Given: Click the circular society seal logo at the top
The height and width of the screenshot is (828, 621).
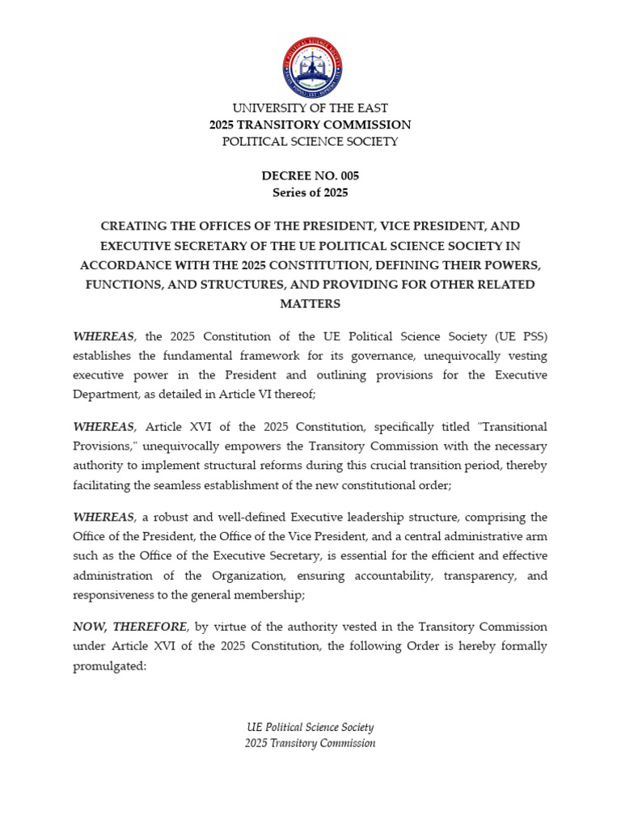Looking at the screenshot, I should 311,68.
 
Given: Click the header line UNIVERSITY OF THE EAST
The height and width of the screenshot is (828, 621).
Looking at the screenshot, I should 310,108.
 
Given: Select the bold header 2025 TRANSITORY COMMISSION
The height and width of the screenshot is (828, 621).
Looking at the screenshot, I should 310,125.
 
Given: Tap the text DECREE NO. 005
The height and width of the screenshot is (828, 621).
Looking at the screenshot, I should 310,175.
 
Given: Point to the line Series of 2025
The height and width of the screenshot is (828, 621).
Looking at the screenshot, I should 310,192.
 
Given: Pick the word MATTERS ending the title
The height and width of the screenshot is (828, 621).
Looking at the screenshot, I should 310,304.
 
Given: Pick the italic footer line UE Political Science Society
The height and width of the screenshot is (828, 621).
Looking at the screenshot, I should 310,728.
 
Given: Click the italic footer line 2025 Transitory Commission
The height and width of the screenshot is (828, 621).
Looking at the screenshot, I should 310,743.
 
